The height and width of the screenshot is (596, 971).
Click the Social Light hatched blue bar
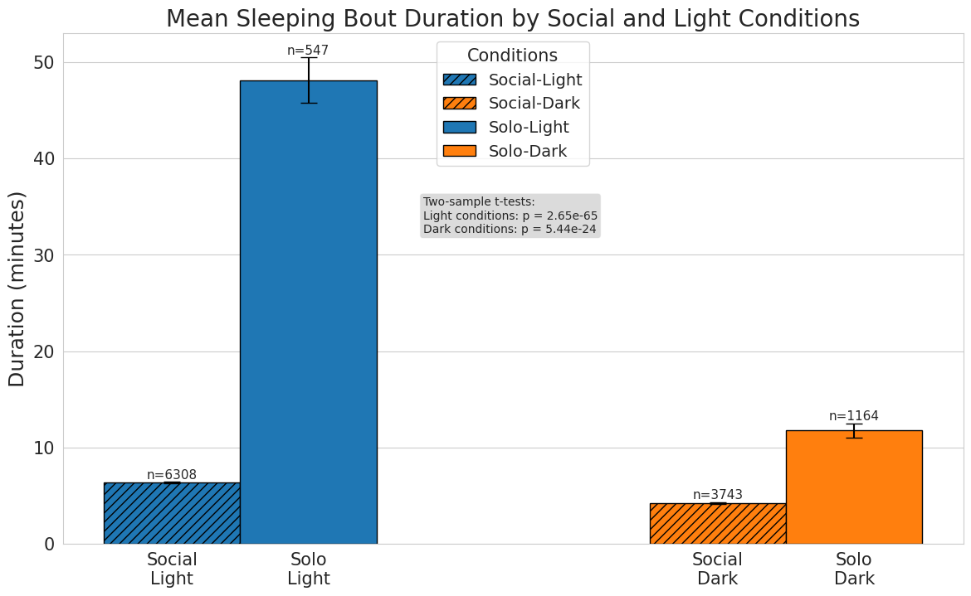click(172, 513)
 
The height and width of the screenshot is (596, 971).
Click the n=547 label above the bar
click(308, 51)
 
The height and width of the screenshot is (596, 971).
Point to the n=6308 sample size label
click(172, 475)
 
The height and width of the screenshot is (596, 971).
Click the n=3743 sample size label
click(717, 495)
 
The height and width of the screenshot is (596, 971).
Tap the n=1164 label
click(853, 416)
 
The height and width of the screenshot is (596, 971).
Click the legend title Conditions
click(512, 56)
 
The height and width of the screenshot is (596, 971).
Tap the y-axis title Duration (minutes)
click(17, 288)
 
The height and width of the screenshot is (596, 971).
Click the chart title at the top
click(512, 18)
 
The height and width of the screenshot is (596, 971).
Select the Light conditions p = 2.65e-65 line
click(510, 216)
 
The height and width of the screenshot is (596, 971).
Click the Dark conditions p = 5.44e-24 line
click(510, 229)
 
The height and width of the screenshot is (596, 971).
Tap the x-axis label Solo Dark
click(853, 569)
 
